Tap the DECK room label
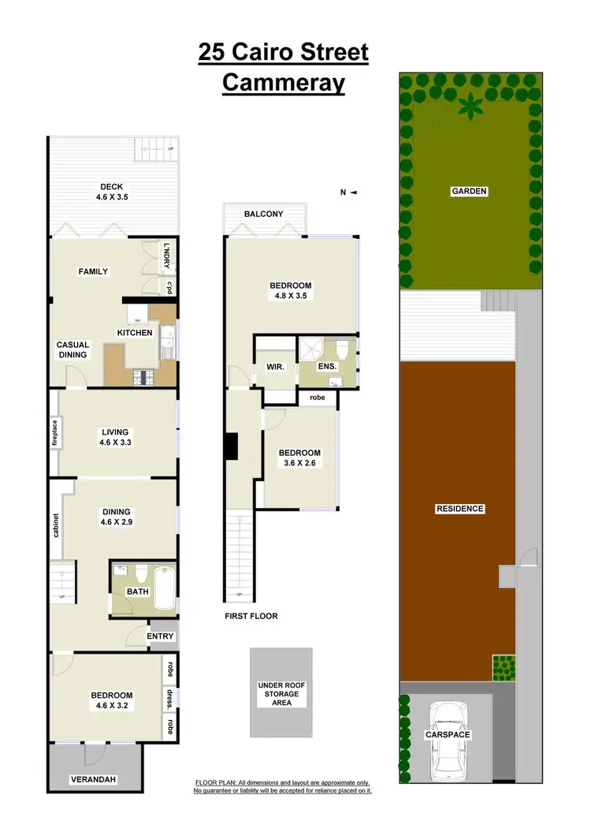pyautogui.click(x=112, y=187)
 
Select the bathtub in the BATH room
pyautogui.click(x=165, y=588)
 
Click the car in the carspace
pyautogui.click(x=448, y=737)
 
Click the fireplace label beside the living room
pyautogui.click(x=55, y=433)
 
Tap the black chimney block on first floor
pyautogui.click(x=232, y=446)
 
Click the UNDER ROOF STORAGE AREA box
pyautogui.click(x=281, y=694)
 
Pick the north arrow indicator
pyautogui.click(x=348, y=192)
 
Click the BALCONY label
pyautogui.click(x=263, y=214)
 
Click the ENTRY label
pyautogui.click(x=161, y=636)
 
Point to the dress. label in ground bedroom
pyautogui.click(x=169, y=696)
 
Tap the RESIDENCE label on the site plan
pyautogui.click(x=459, y=509)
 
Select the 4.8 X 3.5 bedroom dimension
pyautogui.click(x=291, y=297)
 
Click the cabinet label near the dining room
pyautogui.click(x=56, y=526)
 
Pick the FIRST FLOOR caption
pyautogui.click(x=251, y=616)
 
